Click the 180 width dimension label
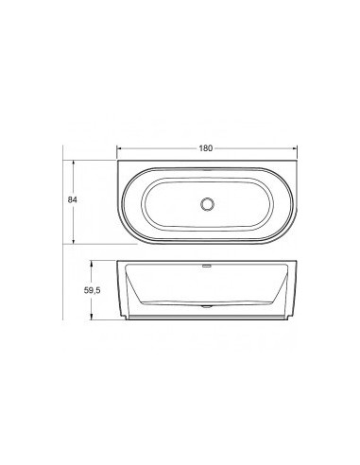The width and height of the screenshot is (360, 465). pos(207,148)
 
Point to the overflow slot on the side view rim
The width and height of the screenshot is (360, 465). pos(207,267)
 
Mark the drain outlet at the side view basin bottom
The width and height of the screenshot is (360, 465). pos(207,308)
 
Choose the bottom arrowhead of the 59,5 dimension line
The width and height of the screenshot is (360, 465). pos(92,321)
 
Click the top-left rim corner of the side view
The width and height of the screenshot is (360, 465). pos(117,263)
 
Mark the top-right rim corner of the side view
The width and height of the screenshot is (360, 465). pos(298,263)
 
